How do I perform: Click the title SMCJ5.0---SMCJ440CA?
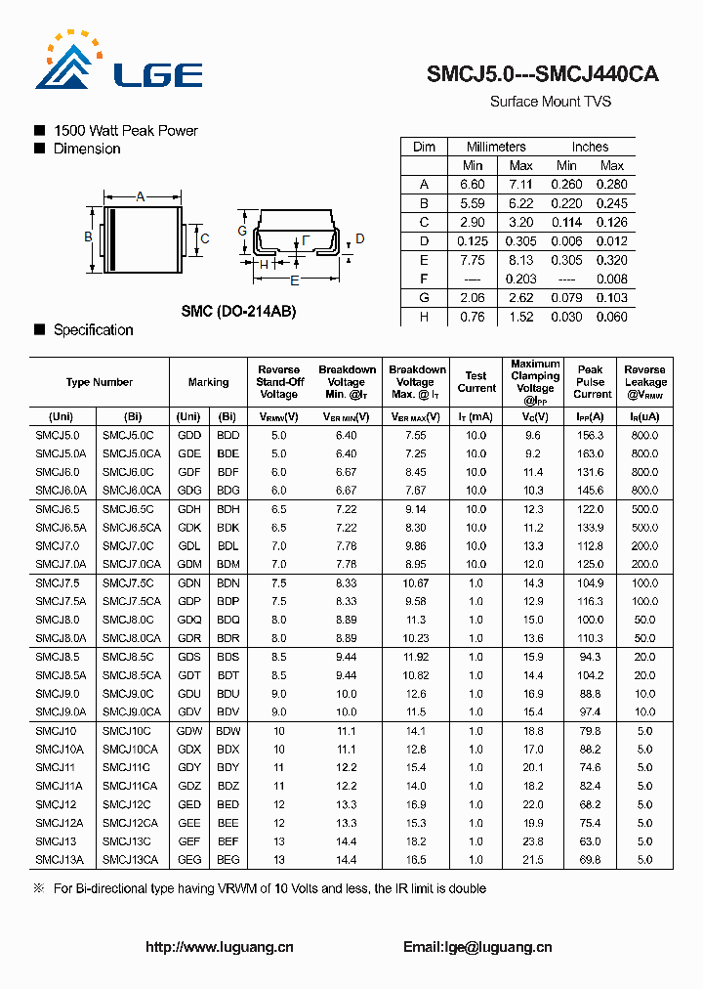[542, 74]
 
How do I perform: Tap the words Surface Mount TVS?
[550, 102]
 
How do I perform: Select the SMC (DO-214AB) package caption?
[238, 311]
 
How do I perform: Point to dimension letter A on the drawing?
[141, 197]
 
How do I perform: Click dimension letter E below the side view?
[294, 279]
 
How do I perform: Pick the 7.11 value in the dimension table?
[520, 184]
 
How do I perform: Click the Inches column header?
[590, 147]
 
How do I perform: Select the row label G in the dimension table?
[424, 298]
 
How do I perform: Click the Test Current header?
[476, 382]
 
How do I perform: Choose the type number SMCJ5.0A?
[61, 453]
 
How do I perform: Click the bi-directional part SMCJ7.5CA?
[132, 601]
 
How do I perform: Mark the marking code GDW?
[189, 731]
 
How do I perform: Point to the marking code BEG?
[227, 860]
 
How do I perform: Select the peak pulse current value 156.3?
[591, 435]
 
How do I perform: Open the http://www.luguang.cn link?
[220, 947]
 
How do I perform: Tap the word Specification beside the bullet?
[94, 330]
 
